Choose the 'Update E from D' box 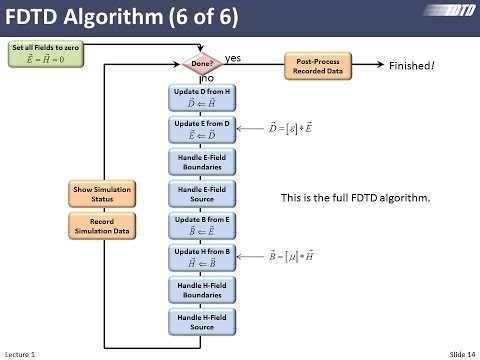point(204,129)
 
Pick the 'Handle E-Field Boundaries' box point(204,161)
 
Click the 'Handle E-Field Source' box point(204,193)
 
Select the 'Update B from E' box point(204,225)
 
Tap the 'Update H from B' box point(204,257)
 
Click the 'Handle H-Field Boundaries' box point(204,289)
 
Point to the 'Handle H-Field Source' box point(204,321)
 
